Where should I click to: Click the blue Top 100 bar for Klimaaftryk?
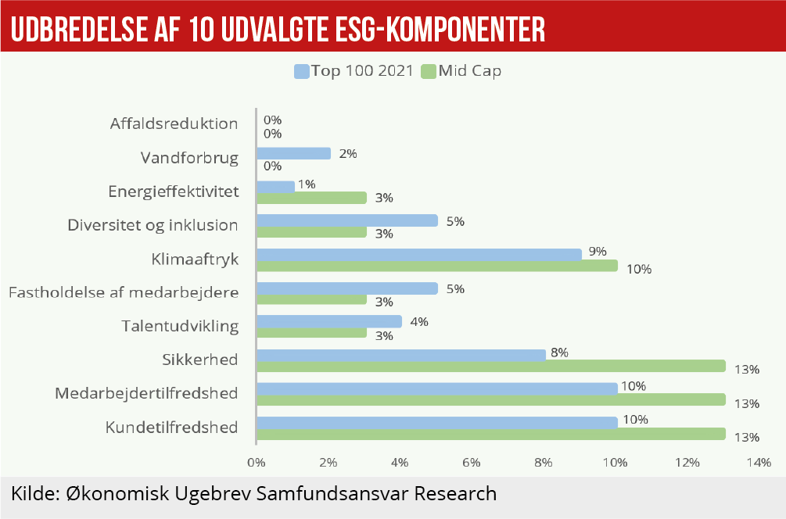point(419,254)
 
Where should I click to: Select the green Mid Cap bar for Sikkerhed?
point(491,367)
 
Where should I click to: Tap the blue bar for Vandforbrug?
point(293,153)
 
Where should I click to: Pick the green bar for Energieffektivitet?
point(311,198)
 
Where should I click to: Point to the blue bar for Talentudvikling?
point(329,321)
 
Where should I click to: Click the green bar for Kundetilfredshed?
point(491,434)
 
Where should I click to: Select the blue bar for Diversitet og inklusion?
point(347,220)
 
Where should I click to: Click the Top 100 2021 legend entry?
point(353,71)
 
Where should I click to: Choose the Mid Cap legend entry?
point(461,71)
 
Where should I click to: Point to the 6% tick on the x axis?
point(471,463)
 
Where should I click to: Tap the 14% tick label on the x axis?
point(759,463)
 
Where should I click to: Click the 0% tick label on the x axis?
point(257,463)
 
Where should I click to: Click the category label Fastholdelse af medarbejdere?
point(123,292)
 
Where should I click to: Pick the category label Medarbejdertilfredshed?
point(146,393)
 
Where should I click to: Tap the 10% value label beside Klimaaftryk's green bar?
point(639,270)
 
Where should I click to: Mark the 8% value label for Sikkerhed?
point(559,353)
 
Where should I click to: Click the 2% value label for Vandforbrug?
point(348,154)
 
